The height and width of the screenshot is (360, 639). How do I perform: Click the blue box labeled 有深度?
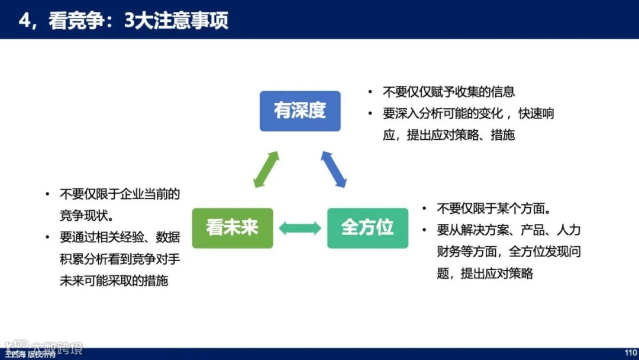click(x=300, y=111)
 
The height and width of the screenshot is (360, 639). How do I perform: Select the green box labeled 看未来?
click(x=233, y=228)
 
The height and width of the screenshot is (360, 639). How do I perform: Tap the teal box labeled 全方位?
click(x=367, y=228)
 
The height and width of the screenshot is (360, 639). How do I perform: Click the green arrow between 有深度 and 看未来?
click(x=266, y=169)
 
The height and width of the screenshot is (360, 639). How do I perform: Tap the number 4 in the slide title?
click(x=25, y=21)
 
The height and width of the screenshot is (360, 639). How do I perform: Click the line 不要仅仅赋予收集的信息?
click(x=449, y=92)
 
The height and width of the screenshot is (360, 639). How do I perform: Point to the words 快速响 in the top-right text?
click(x=537, y=113)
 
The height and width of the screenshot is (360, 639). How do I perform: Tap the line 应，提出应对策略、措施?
click(x=449, y=135)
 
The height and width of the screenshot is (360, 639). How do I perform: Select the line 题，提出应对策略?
click(x=485, y=274)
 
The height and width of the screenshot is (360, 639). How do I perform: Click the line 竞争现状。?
click(x=89, y=215)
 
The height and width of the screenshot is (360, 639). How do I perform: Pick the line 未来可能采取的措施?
click(x=114, y=281)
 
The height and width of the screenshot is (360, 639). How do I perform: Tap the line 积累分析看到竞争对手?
click(x=120, y=259)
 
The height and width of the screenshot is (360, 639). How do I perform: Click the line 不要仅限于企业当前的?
click(x=120, y=194)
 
